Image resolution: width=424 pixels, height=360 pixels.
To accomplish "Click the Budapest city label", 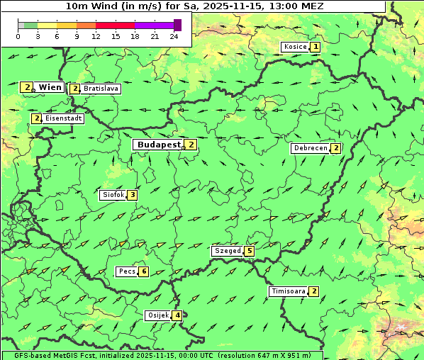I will coord(160,145).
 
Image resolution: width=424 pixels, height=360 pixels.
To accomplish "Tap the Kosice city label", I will coord(295,47).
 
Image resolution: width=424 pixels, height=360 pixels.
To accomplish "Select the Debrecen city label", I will coord(310,148).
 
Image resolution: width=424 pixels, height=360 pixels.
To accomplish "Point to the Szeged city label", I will coord(227,251).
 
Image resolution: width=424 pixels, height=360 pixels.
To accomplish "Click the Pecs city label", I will coord(127,271).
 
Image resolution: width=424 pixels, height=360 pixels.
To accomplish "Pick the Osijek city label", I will coord(157,315).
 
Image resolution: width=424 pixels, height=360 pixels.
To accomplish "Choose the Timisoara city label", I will coord(288,291).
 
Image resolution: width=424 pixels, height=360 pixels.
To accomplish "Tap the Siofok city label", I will coord(113,195).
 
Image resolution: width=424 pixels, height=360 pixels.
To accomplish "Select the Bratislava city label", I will coord(101,89).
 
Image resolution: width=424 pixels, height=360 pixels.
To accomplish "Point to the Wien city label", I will coord(50,87).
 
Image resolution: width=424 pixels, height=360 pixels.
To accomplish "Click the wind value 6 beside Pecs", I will coord(144,271).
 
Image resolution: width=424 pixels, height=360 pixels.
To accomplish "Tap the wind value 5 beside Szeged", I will coord(249,251).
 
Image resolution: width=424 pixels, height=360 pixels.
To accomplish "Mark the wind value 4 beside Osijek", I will coord(177,315).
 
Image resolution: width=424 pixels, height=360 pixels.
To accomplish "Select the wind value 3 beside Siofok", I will coord(132,195).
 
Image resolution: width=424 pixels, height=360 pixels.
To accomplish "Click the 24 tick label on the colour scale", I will coord(174,36).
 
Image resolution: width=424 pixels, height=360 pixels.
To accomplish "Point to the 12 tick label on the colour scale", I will coord(96,36).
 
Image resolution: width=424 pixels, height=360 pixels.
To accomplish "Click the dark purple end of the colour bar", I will coord(177,25).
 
